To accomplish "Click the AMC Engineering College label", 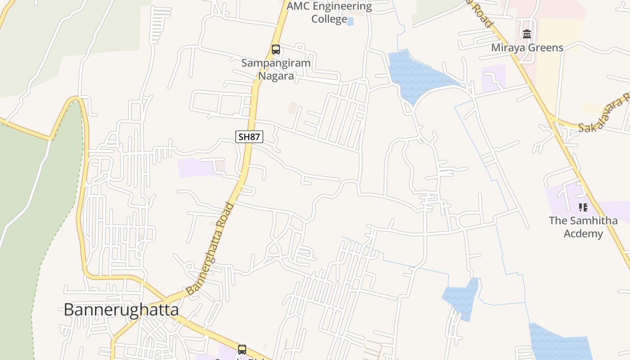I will tap(329, 13).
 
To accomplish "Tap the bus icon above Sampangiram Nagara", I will tap(275, 49).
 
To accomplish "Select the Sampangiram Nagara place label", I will tap(276, 69).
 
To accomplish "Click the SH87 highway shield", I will tap(249, 137).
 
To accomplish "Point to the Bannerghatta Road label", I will tap(211, 248).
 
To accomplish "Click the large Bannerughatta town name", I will tap(121, 310).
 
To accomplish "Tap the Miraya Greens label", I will tap(527, 48).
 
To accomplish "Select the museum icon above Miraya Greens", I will tap(527, 34).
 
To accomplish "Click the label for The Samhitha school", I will tap(583, 227).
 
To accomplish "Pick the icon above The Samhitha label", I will tap(583, 207).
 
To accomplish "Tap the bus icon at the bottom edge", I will tap(242, 349).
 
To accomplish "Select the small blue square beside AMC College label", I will tap(351, 21).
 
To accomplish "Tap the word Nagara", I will tap(276, 76).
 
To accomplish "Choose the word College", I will tap(329, 19).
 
